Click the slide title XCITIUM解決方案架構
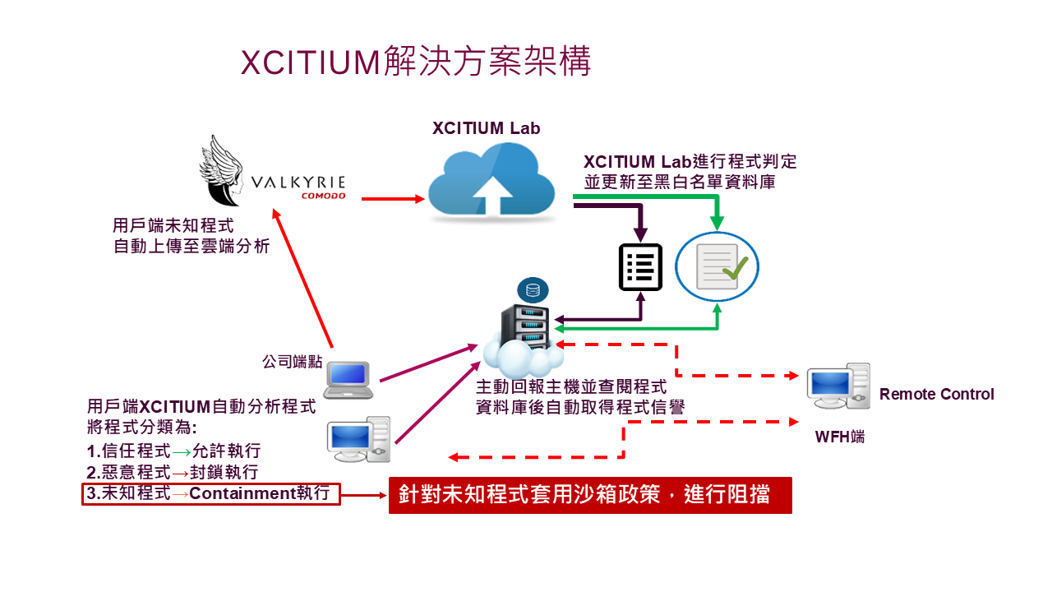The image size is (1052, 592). click(416, 62)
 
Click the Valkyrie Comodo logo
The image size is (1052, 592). click(272, 173)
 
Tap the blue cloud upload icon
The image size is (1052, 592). click(498, 181)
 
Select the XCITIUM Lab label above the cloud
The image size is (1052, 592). click(486, 128)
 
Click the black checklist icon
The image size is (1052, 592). click(640, 267)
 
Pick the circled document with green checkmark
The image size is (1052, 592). click(717, 266)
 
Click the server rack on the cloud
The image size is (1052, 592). click(525, 329)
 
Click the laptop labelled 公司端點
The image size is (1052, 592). click(348, 379)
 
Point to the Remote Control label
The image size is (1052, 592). click(936, 395)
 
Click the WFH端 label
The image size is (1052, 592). click(839, 437)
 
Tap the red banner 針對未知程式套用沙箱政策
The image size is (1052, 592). click(590, 495)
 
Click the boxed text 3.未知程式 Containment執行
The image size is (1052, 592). click(210, 494)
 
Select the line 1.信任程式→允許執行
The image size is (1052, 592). click(173, 451)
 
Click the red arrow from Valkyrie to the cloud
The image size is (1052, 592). click(392, 198)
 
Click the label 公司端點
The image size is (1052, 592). click(293, 361)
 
